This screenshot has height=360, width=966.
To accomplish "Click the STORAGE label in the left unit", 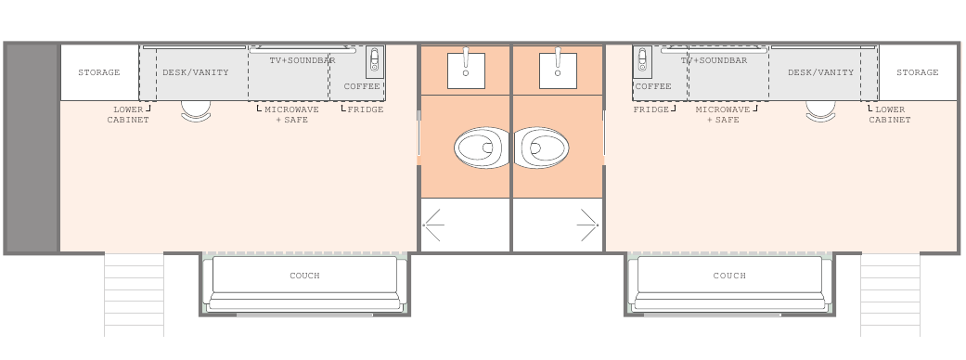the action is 98,72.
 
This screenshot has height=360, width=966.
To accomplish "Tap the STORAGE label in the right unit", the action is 918,72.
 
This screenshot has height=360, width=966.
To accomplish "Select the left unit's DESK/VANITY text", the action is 195,72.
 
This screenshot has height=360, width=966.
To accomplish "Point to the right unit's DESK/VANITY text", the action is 820,72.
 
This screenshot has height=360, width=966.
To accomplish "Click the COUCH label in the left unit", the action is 304,276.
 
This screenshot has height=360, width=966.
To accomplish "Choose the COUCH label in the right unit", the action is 729,276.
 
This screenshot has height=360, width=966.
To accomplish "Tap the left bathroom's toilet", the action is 483,148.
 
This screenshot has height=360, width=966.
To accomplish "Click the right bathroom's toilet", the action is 540,148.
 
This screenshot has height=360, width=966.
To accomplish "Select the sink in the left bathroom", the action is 466,69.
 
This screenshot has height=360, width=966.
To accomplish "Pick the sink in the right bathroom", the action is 558,69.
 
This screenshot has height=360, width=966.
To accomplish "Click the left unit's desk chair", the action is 196,111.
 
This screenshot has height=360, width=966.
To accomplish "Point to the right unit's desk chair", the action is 820,111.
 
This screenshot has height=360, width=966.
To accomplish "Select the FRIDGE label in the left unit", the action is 366,109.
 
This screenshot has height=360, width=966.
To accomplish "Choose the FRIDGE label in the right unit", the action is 651,109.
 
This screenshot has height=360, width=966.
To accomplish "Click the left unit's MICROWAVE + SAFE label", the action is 291,114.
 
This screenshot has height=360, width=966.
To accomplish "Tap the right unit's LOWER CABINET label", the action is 890,114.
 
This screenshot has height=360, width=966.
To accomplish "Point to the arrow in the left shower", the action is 433,225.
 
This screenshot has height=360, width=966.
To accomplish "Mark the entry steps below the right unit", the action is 890,295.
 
